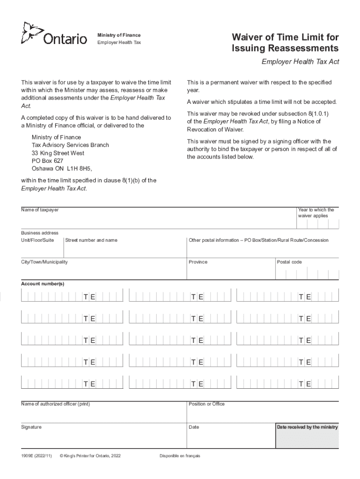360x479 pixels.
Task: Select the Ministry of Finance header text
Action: (119, 36)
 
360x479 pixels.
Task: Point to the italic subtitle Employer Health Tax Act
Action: (300, 62)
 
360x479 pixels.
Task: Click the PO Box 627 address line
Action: (48, 161)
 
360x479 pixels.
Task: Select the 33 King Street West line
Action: (58, 153)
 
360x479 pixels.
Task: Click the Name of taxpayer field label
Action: (40, 210)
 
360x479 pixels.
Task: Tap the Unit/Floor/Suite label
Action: (37, 240)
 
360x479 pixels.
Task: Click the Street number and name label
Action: (91, 240)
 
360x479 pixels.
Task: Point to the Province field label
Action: (198, 262)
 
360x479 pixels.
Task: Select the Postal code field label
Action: (289, 262)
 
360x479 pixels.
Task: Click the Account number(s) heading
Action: (43, 284)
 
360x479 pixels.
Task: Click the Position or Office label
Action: (207, 404)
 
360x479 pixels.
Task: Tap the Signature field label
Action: (31, 427)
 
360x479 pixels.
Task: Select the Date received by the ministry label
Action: (307, 427)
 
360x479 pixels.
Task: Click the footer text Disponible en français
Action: (180, 456)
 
